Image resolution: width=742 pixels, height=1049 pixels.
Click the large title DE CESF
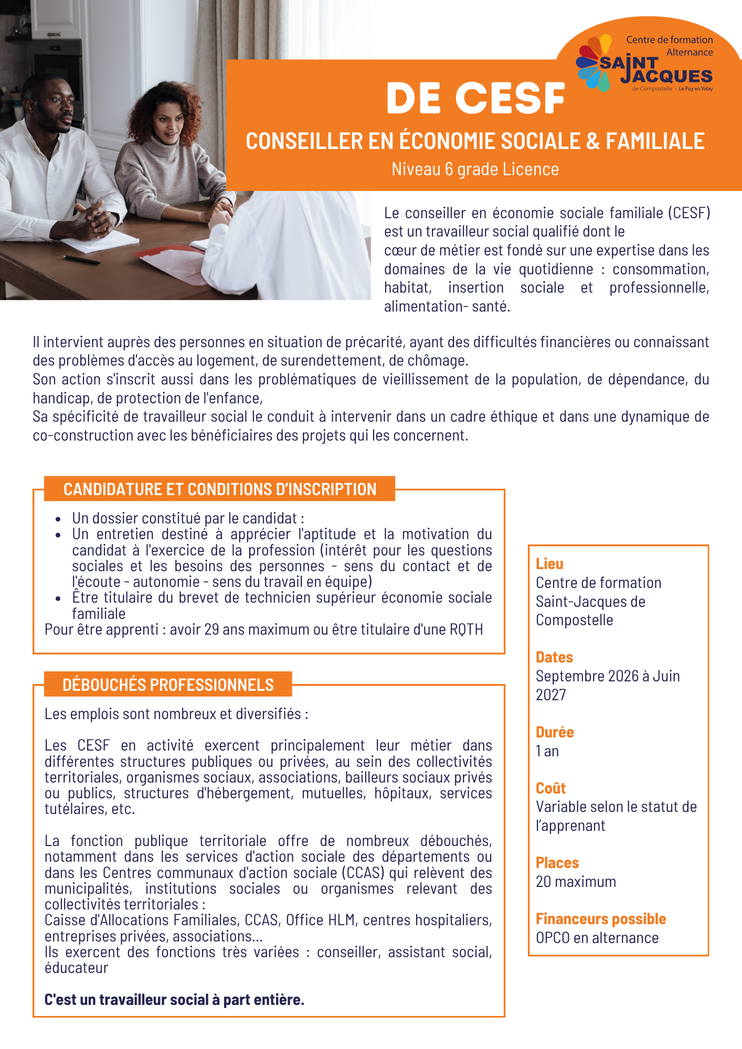[x=475, y=98]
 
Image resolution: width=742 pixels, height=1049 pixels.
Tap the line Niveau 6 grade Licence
[x=475, y=169]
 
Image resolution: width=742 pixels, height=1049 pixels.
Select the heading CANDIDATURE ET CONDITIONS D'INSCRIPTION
[x=220, y=489]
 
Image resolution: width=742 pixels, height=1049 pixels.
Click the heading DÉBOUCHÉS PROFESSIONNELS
[x=168, y=684]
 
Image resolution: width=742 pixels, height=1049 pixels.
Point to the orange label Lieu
[x=549, y=564]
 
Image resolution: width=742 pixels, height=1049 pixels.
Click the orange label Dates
[x=554, y=657]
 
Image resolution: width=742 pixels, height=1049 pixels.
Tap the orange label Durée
[x=555, y=732]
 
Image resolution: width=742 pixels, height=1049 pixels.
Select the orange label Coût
[x=550, y=788]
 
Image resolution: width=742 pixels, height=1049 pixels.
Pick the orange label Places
[x=557, y=863]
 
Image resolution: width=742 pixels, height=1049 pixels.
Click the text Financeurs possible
[x=601, y=919]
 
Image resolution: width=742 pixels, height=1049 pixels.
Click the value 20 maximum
[x=576, y=882]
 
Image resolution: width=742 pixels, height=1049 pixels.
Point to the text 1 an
[x=547, y=751]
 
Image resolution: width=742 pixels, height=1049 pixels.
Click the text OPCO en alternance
[x=597, y=938]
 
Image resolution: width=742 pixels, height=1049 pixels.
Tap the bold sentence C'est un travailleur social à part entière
[x=174, y=1000]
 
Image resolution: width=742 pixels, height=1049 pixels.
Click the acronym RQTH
[x=466, y=629]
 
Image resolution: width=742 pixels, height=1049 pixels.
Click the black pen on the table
[x=81, y=260]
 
